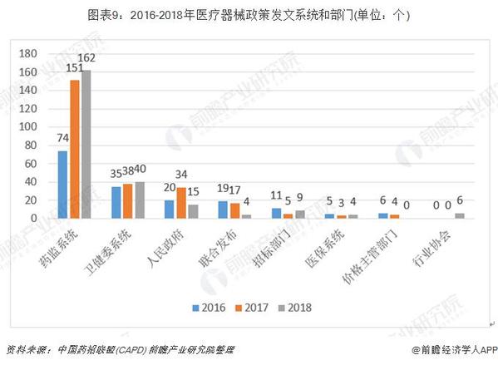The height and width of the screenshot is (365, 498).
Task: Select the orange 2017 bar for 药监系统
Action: (75, 149)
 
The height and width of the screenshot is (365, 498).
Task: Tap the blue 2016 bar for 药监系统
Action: (62, 184)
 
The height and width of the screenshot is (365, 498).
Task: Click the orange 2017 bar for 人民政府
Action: (181, 203)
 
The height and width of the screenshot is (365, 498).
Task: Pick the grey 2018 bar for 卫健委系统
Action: (139, 200)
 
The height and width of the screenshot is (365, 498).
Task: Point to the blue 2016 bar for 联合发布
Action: (223, 209)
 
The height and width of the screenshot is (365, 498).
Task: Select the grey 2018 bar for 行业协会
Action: (459, 215)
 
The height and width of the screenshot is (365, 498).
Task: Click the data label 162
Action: (87, 57)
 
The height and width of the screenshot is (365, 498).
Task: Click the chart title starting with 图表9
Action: (249, 13)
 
